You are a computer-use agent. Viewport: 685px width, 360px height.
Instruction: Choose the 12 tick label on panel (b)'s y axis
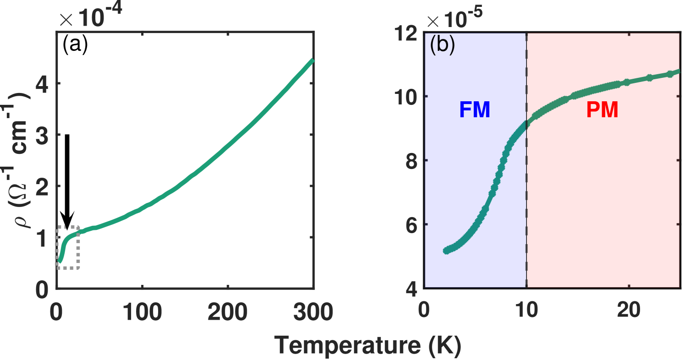405,33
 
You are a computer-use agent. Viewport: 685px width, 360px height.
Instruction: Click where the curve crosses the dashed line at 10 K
527,123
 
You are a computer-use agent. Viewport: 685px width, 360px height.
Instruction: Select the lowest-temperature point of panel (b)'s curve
445,251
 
